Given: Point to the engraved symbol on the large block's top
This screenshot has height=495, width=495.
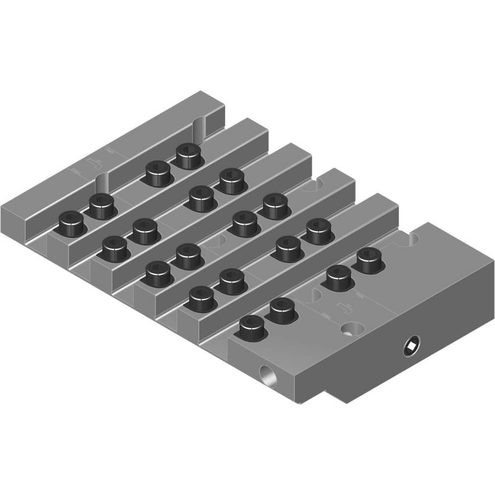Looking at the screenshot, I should [x=345, y=307].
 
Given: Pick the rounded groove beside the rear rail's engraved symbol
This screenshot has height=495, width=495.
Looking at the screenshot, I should [x=101, y=184].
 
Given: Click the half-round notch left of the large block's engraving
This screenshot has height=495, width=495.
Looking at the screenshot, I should [x=312, y=296].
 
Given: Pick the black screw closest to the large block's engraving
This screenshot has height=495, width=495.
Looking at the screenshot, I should [x=339, y=278].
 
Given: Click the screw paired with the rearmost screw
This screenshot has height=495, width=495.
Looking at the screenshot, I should [x=158, y=174].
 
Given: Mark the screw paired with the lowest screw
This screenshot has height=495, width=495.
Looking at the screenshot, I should [x=282, y=311].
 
